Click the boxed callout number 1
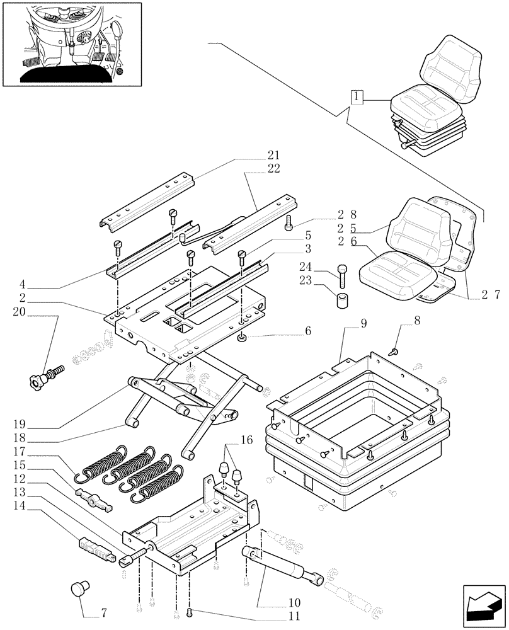pyautogui.click(x=357, y=98)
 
